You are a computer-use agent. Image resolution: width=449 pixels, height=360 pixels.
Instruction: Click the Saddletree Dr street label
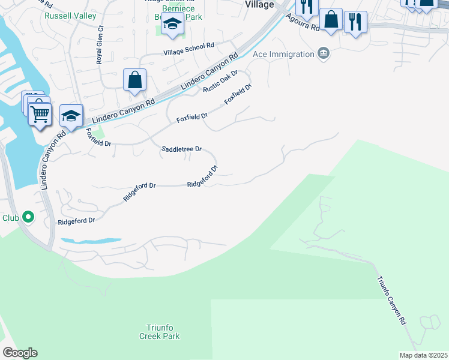pos(181,149)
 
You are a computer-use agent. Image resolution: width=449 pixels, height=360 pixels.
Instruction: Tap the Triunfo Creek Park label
pos(163,332)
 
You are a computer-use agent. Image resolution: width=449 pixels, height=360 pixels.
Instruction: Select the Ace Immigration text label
pos(283,54)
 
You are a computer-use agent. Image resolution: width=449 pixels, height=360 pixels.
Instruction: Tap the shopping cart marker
pos(40,113)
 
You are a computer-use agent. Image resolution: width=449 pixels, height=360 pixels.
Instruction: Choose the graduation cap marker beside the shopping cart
pos(71,116)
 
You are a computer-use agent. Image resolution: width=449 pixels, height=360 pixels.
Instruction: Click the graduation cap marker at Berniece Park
pos(173,25)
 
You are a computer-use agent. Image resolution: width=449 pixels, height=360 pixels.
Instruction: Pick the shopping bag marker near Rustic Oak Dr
pos(134,80)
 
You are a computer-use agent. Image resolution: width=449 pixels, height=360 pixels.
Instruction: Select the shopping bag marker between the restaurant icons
pos(331,19)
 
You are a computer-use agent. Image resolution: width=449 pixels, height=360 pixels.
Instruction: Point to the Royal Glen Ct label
pos(100,44)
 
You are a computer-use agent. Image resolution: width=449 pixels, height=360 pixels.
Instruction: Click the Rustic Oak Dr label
pos(220,81)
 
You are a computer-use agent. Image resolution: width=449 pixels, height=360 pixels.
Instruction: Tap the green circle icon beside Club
pos(28,217)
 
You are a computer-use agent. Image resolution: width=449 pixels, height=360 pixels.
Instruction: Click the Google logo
pos(20,352)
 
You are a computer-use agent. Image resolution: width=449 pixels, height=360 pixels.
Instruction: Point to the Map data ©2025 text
pos(423,355)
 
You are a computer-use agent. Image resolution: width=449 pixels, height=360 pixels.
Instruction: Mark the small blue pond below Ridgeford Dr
pos(90,241)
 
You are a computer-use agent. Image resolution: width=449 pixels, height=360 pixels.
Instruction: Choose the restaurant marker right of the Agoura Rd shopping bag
pos(356,22)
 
